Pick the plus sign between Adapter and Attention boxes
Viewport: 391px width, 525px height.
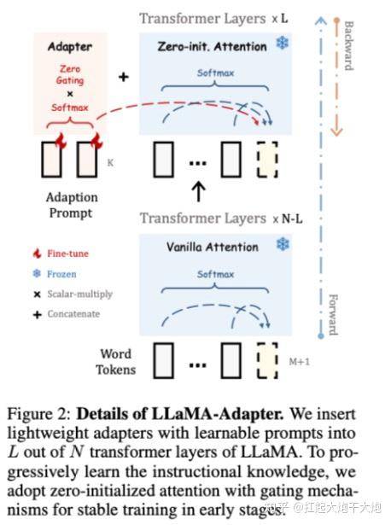[x=123, y=77]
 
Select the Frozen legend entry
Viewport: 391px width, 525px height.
[x=61, y=273]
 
